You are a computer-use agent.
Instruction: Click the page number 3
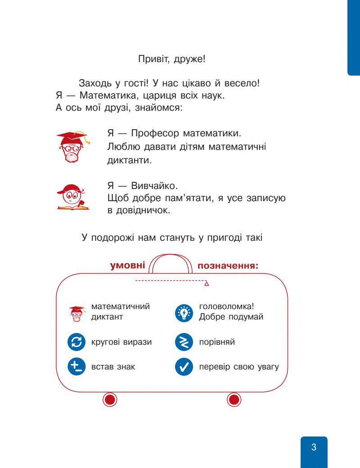[314, 447]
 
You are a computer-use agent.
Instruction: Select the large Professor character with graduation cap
[72, 147]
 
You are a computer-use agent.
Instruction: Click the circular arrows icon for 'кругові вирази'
[76, 342]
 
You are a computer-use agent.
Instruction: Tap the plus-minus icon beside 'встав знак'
[76, 367]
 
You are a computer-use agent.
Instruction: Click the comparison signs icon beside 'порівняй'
[183, 342]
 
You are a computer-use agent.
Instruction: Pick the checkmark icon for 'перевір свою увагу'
[183, 367]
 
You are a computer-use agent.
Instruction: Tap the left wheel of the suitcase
[110, 399]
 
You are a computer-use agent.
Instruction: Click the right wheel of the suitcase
[234, 399]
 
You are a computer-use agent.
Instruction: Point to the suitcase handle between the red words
[171, 263]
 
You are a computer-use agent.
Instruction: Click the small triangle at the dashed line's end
[207, 284]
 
